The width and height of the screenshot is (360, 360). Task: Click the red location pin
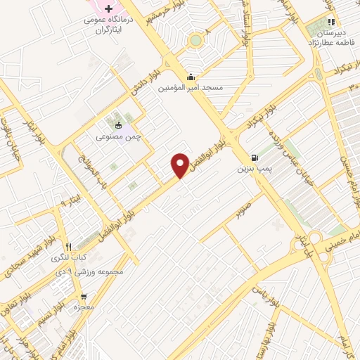click(180, 165)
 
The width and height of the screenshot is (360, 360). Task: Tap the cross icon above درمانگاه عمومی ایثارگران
click(108, 9)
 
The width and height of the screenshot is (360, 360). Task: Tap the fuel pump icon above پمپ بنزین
click(253, 157)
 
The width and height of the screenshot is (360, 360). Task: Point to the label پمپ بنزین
click(252, 169)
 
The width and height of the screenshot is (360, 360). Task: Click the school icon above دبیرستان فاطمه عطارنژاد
click(330, 22)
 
